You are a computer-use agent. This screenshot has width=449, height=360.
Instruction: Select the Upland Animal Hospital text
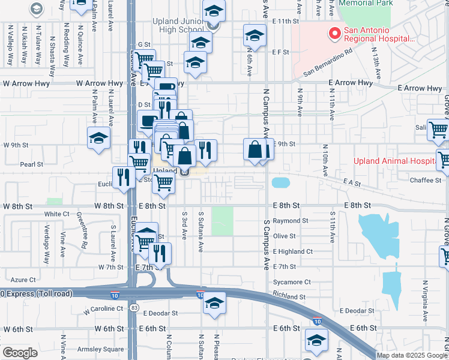point(393,161)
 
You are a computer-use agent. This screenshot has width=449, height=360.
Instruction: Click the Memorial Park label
point(366,3)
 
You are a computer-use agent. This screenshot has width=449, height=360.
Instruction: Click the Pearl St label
point(32,164)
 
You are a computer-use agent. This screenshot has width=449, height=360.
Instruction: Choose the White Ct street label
point(57,214)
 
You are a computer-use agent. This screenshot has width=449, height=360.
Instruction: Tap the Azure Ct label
point(24,280)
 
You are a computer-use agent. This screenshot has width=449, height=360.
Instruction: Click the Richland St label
point(289,296)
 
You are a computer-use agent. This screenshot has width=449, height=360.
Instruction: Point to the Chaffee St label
point(426,180)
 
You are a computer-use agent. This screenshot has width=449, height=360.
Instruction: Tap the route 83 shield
point(133,307)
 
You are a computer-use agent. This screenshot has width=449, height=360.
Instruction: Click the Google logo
point(20,353)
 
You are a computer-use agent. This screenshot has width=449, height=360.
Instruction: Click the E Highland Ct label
point(293,251)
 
